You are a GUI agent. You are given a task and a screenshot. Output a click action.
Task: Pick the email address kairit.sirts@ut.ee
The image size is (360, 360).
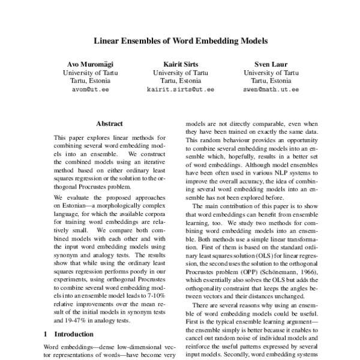[180, 89]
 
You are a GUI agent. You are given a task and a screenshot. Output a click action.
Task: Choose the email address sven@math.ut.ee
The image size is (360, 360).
[271, 89]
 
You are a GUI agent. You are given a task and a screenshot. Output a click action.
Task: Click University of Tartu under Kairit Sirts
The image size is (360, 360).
[180, 72]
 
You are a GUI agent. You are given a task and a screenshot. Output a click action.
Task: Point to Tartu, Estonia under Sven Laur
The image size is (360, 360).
[271, 80]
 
